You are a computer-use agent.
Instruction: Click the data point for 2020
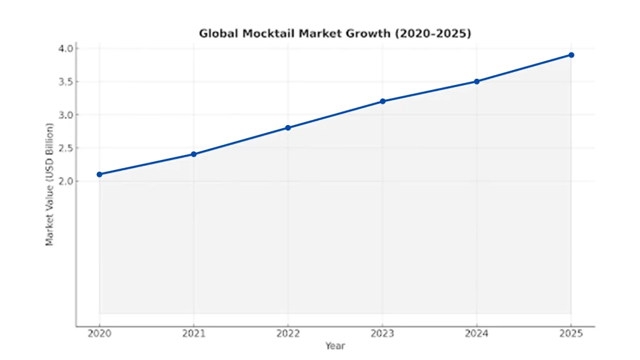pos(99,174)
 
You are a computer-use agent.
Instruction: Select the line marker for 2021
pos(194,154)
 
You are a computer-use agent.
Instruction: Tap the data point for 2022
pos(288,127)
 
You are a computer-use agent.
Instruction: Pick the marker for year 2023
pos(382,101)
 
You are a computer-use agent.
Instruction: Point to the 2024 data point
pos(477,81)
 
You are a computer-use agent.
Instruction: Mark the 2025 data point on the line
pos(571,55)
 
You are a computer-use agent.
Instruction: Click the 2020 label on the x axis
pos(99,334)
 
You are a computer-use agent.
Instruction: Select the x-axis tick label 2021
pos(194,334)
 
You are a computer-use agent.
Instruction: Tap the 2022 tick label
pos(288,334)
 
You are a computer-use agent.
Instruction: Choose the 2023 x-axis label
pos(382,334)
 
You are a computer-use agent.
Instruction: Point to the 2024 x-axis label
pos(477,334)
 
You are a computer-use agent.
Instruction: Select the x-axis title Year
pos(335,346)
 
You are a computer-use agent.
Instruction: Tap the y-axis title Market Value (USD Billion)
pos(50,184)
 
